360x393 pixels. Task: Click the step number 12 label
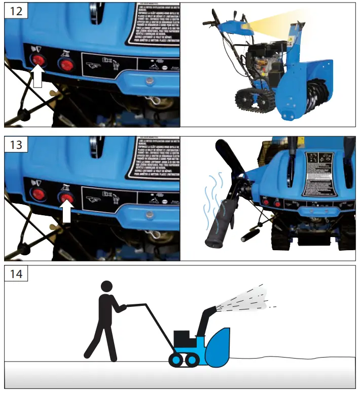pyautogui.click(x=16, y=11)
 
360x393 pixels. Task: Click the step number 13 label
pyautogui.click(x=16, y=145)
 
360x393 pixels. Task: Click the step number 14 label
pyautogui.click(x=16, y=274)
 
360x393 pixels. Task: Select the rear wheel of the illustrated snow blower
pyautogui.click(x=176, y=360)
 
